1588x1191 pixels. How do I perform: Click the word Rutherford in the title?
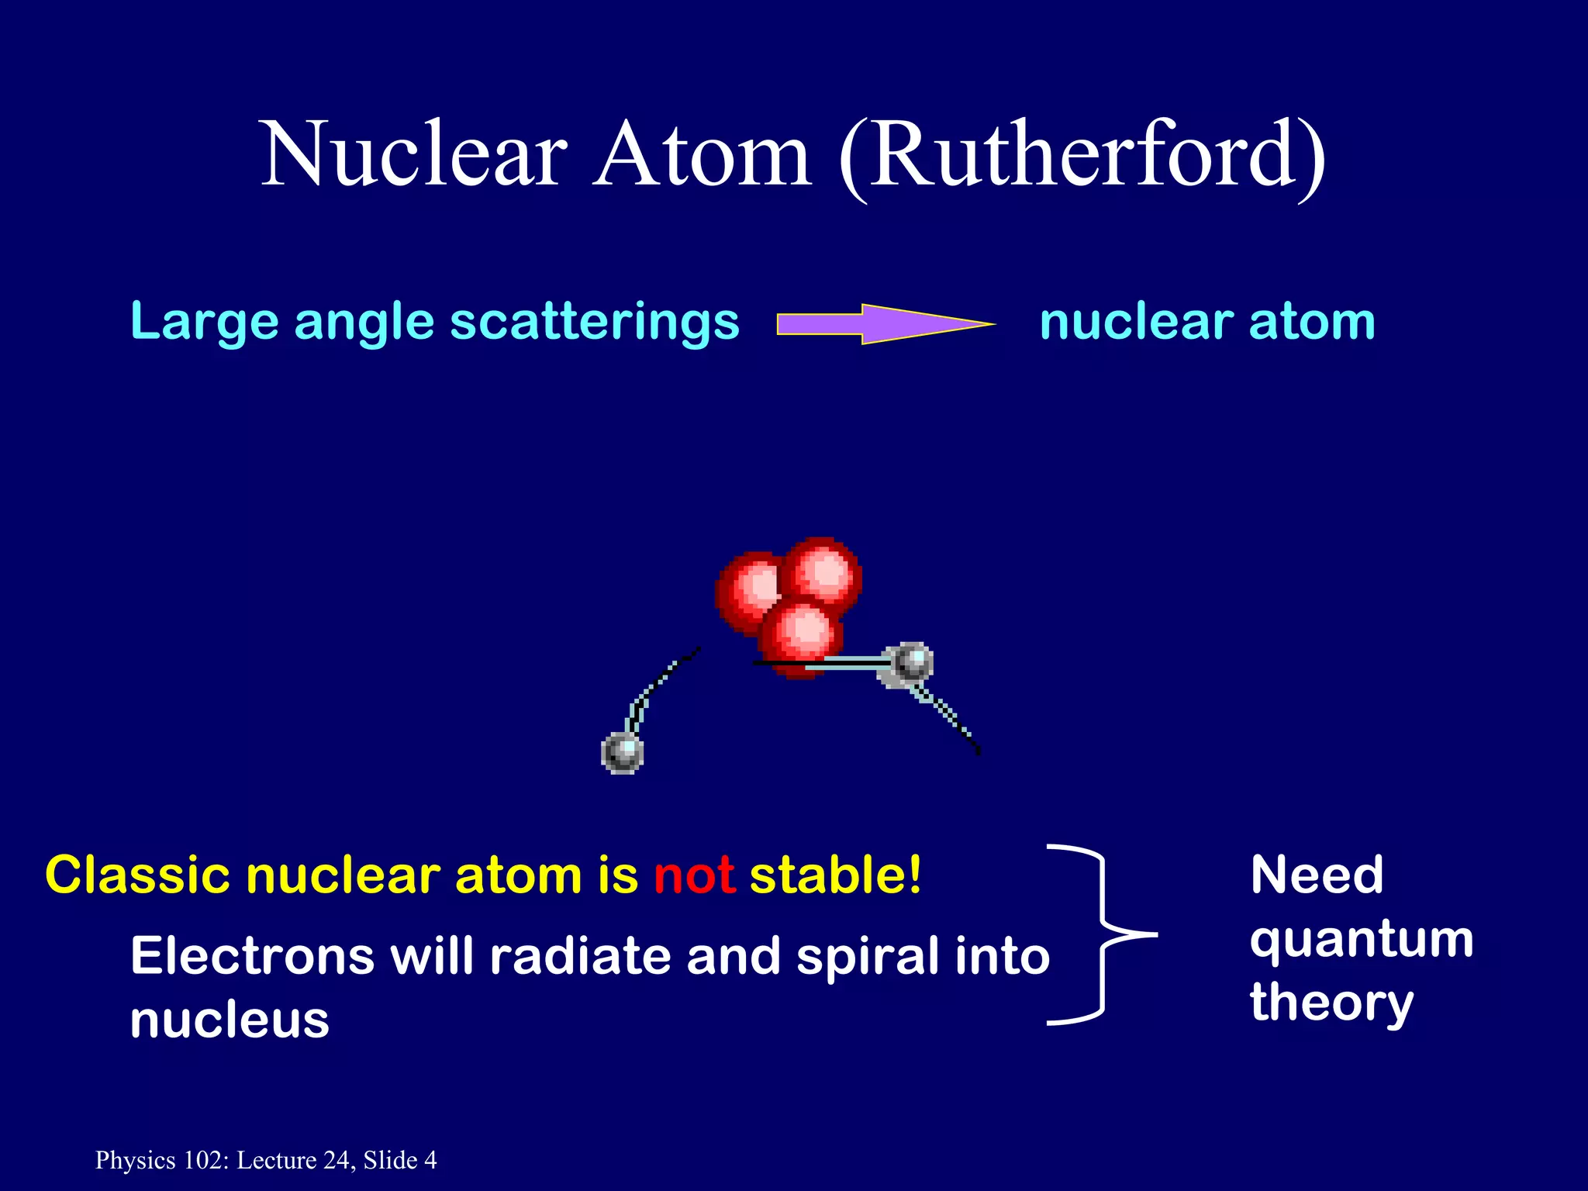pyautogui.click(x=1082, y=155)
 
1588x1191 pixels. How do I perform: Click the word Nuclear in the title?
pyautogui.click(x=415, y=155)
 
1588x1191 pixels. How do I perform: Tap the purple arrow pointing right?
pyautogui.click(x=884, y=323)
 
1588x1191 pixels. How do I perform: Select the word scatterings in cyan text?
pyautogui.click(x=595, y=322)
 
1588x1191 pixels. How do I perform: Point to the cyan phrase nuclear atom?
pyautogui.click(x=1207, y=322)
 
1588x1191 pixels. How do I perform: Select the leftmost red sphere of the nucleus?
pyautogui.click(x=748, y=591)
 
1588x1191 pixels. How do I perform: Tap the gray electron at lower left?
pyautogui.click(x=623, y=751)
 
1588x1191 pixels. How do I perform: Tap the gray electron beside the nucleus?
pyautogui.click(x=910, y=662)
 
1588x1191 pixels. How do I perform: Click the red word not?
pyautogui.click(x=694, y=876)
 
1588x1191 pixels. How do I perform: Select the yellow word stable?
pyautogui.click(x=836, y=876)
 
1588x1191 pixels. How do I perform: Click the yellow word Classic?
pyautogui.click(x=138, y=876)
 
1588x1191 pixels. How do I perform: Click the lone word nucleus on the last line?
pyautogui.click(x=230, y=1020)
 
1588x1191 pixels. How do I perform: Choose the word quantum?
pyautogui.click(x=1362, y=941)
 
